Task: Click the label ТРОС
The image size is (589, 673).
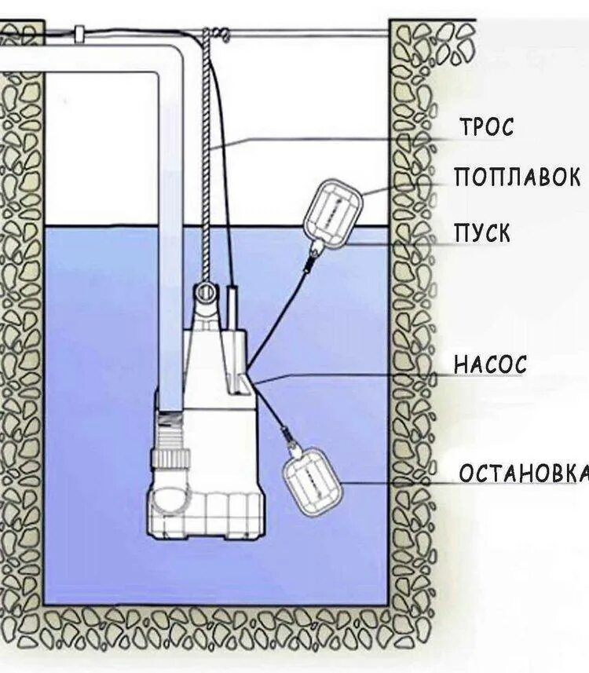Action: [487, 126]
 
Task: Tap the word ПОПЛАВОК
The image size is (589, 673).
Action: [517, 177]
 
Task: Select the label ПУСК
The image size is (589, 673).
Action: [481, 233]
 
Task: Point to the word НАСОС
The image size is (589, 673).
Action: [489, 365]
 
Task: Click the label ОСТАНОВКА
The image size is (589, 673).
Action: [523, 474]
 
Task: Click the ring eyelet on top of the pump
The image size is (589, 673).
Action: [206, 292]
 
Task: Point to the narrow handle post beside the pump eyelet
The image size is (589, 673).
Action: [233, 306]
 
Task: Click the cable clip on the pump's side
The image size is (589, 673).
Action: [245, 382]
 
